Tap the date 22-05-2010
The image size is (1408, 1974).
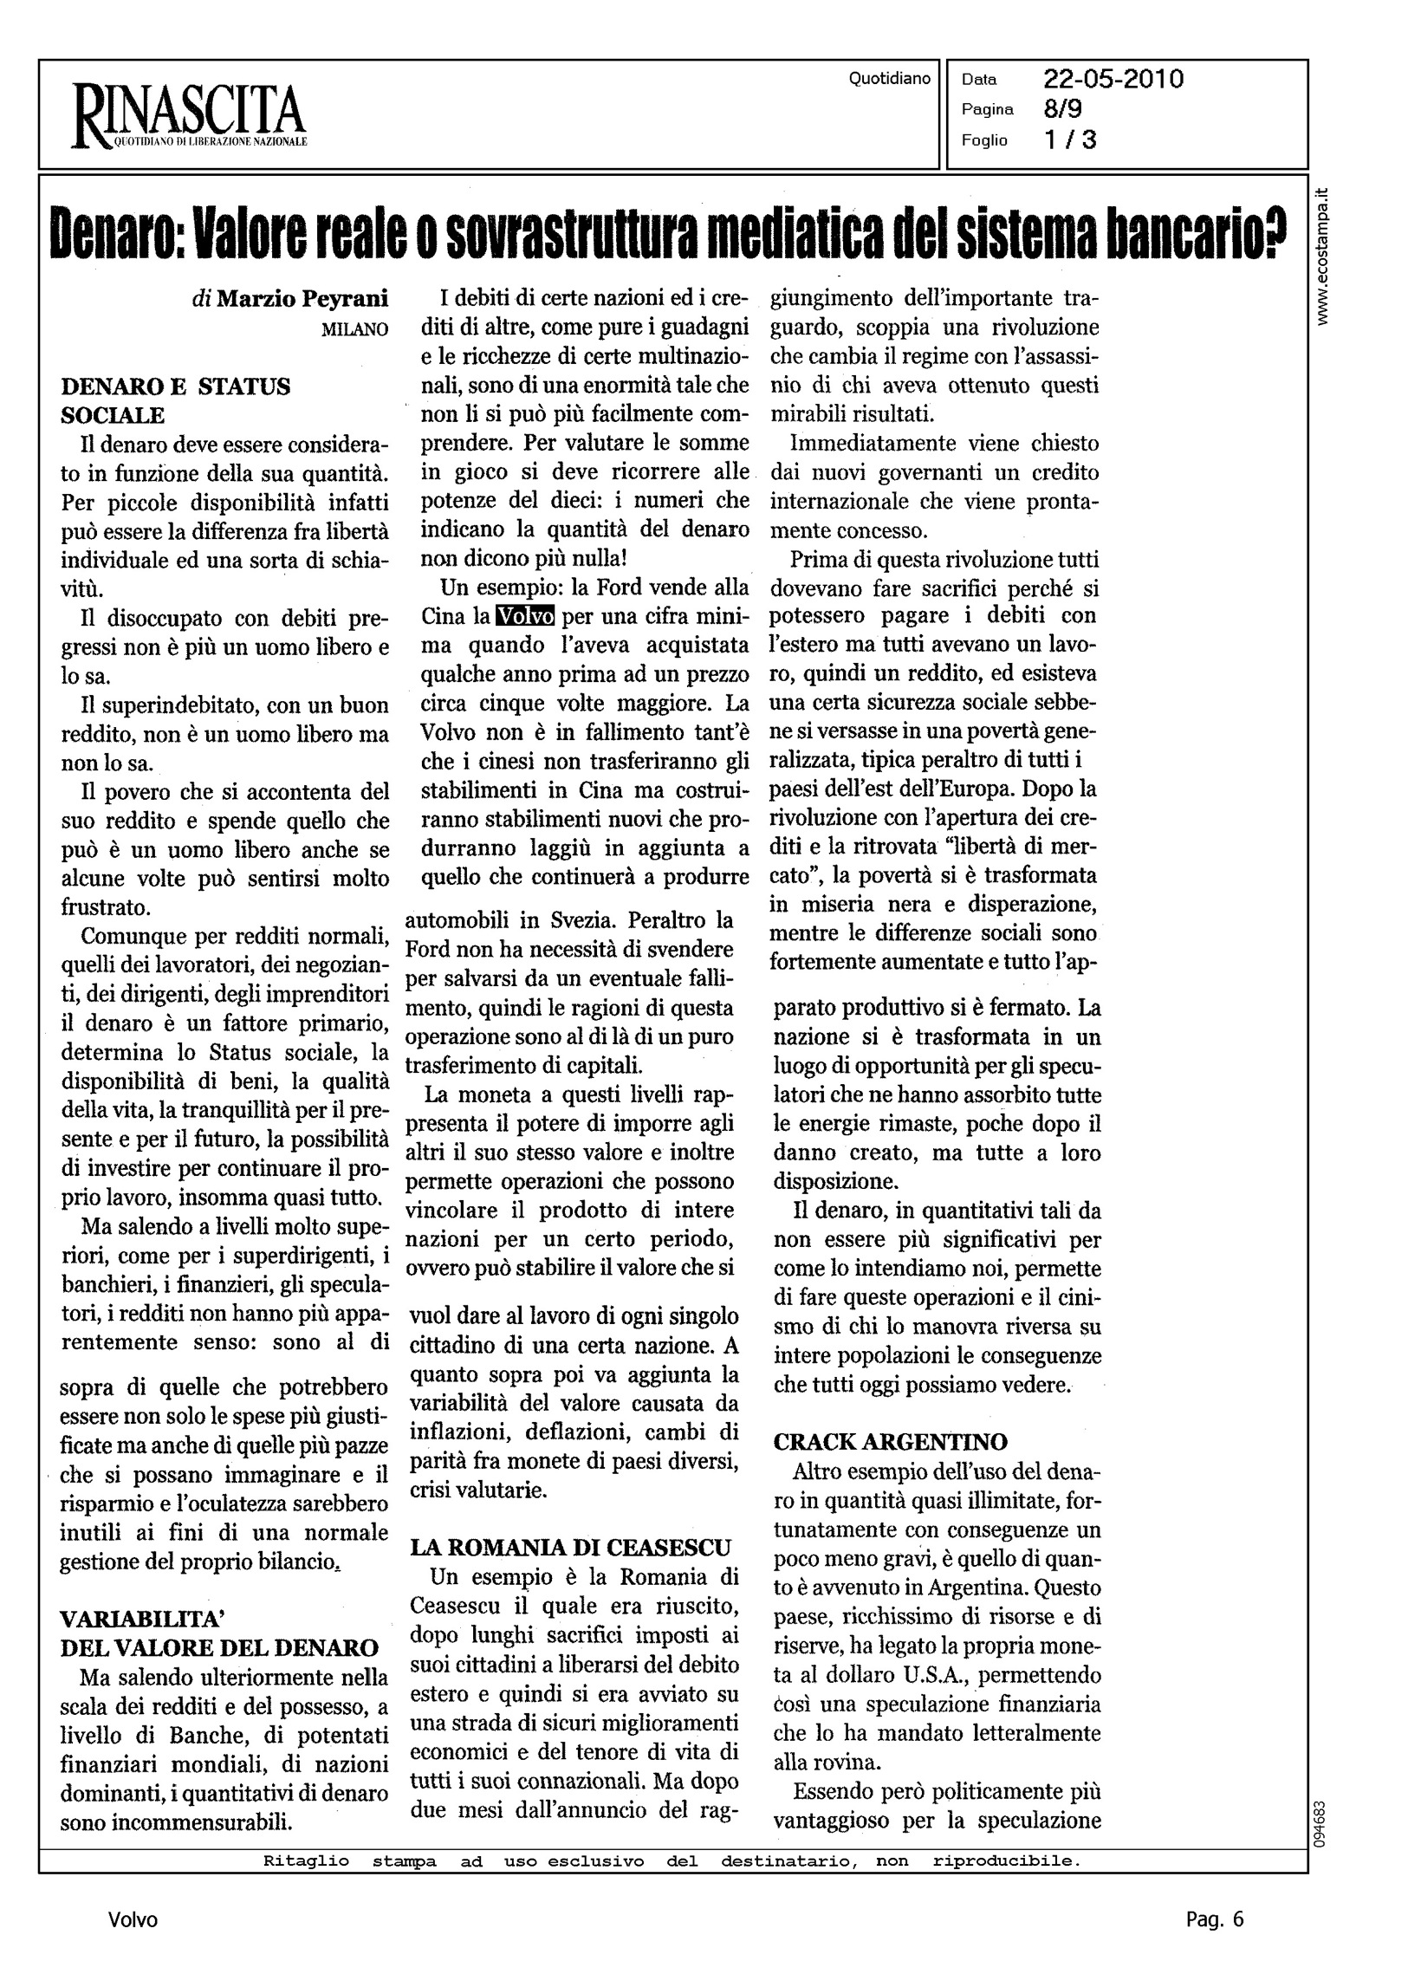click(x=1113, y=80)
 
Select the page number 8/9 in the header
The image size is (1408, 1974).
click(x=1063, y=109)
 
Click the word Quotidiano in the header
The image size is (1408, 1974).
click(x=890, y=79)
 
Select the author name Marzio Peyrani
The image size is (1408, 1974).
click(x=302, y=299)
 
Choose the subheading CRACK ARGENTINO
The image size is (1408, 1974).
click(x=891, y=1442)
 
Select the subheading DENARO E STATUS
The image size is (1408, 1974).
click(x=175, y=386)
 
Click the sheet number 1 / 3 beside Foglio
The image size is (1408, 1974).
click(x=1070, y=140)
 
